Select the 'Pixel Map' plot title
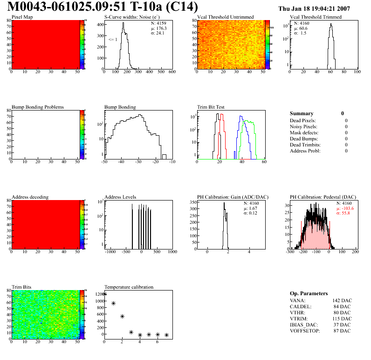[22, 17]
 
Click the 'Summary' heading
[302, 113]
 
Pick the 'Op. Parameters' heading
[309, 293]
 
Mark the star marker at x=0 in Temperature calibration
[104, 294]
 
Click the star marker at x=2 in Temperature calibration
[123, 316]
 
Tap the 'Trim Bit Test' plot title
[211, 107]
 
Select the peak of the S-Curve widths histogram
[124, 23]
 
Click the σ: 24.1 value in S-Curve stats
[158, 33]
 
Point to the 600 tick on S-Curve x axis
[172, 72]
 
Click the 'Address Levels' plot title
[120, 197]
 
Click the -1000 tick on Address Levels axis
[110, 252]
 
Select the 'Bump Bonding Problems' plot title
[38, 107]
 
